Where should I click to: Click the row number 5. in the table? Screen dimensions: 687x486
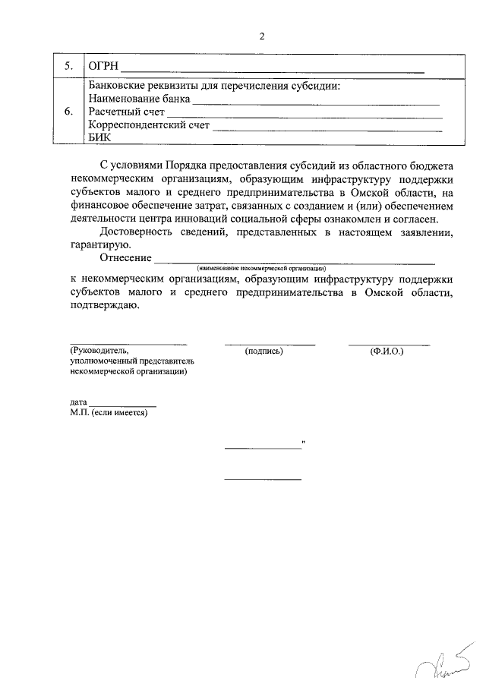click(x=68, y=67)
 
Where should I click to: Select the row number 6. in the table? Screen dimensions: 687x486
click(x=68, y=112)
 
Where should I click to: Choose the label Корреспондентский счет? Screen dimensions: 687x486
click(x=149, y=125)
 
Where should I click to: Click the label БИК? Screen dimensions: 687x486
click(x=99, y=138)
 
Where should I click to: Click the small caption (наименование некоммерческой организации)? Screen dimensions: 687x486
click(x=260, y=269)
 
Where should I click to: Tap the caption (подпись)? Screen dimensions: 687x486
click(x=264, y=351)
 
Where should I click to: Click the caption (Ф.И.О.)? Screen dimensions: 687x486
click(x=387, y=351)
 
